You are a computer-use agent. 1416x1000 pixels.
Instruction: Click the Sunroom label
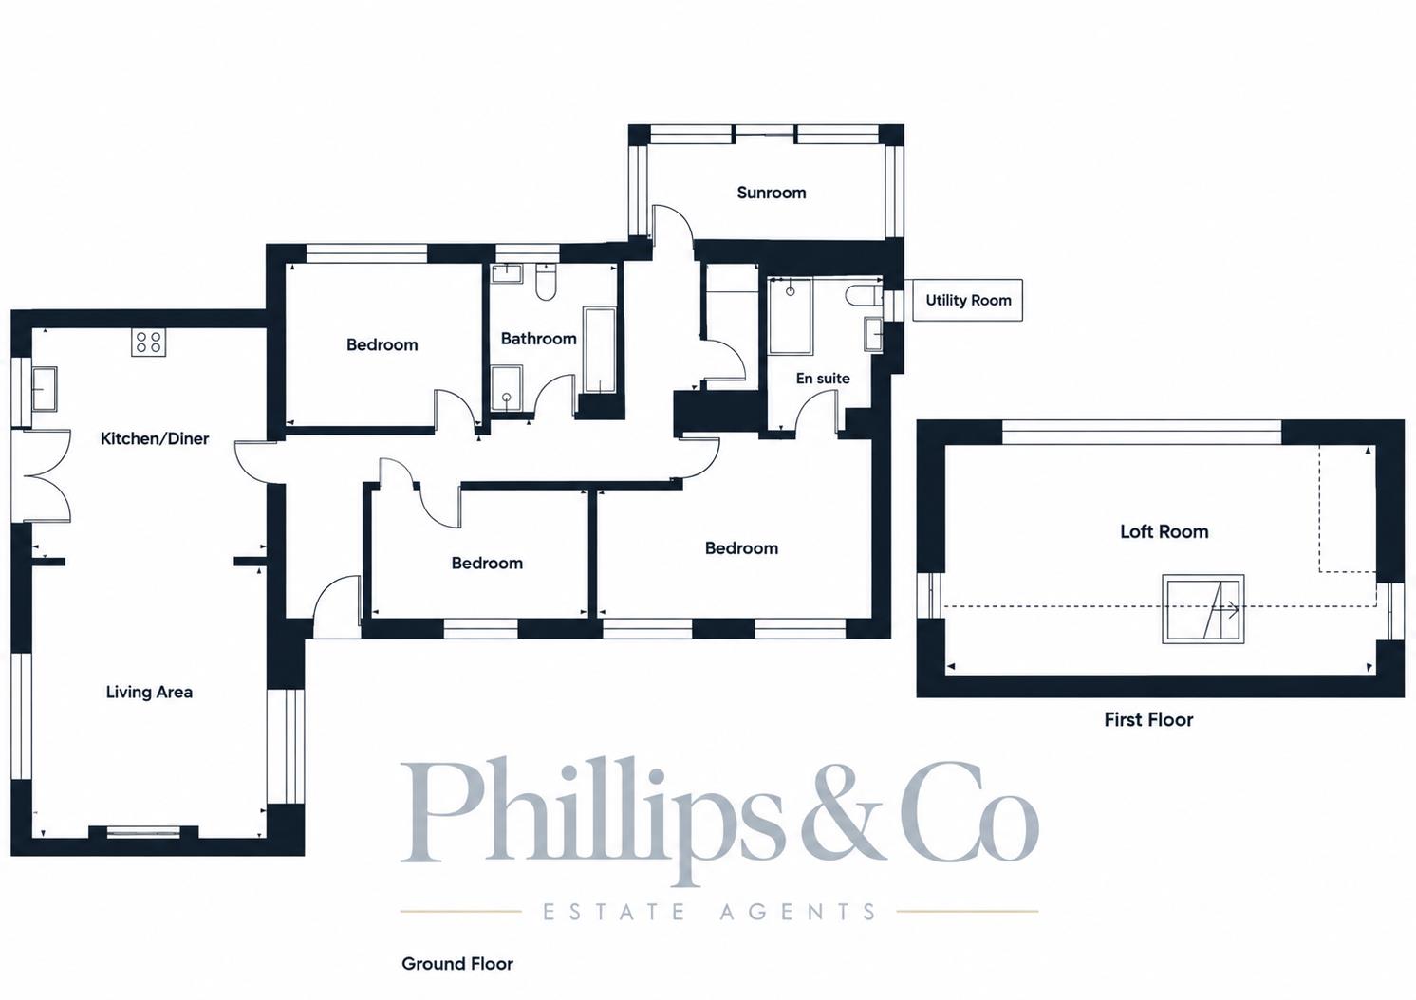point(772,193)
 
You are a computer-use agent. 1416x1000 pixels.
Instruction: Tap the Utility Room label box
point(968,300)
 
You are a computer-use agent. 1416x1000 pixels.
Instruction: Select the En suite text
point(823,378)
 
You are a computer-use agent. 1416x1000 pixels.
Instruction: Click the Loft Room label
point(1164,531)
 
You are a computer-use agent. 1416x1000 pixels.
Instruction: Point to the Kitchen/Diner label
point(155,438)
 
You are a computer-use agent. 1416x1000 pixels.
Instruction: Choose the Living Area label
point(149,693)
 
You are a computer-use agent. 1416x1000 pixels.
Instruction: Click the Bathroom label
point(538,339)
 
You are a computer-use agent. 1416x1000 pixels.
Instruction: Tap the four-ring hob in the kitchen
point(149,343)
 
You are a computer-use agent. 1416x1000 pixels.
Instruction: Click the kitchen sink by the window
point(44,389)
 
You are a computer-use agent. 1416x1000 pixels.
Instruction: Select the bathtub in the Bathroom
point(600,351)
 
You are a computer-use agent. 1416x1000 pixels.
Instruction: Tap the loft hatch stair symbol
point(1203,609)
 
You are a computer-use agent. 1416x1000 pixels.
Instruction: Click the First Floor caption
point(1148,719)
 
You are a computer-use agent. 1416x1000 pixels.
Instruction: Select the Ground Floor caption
point(457,963)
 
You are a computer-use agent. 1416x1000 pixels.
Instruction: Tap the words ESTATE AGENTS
point(709,912)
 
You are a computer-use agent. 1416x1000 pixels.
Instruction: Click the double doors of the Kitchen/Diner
point(42,475)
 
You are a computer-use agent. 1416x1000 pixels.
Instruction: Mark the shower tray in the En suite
point(791,316)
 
